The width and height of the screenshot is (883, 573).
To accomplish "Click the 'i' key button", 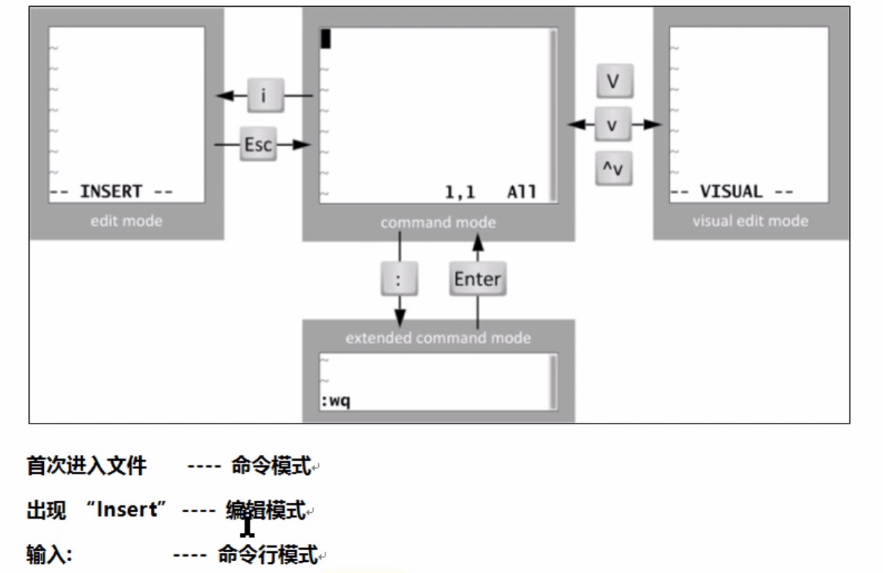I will click(x=266, y=96).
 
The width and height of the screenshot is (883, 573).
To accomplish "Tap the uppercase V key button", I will click(x=614, y=82).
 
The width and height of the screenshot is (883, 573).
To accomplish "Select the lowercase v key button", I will click(x=613, y=124).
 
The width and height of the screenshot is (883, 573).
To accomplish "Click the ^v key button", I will click(x=613, y=171).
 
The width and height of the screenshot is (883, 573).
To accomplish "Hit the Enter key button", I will click(x=477, y=280).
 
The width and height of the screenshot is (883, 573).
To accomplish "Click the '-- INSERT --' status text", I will click(x=111, y=192).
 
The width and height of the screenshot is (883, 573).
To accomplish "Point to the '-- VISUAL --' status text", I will click(x=731, y=192).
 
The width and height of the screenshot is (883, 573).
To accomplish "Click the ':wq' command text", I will click(x=336, y=402).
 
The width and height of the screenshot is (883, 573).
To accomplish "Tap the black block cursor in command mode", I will click(x=326, y=39).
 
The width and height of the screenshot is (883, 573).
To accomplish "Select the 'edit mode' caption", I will click(x=126, y=221).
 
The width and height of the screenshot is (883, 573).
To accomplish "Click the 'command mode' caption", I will click(x=438, y=222).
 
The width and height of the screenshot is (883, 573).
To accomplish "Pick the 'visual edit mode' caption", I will click(x=750, y=221).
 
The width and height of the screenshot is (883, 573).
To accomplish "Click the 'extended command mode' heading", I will click(x=438, y=338).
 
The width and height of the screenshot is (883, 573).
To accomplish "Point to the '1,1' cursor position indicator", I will click(x=459, y=192).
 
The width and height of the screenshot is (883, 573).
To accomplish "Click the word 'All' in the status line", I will click(x=521, y=192).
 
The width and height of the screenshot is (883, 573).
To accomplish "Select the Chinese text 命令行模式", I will click(x=267, y=554).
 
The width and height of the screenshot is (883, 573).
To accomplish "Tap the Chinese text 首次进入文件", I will click(x=87, y=467).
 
